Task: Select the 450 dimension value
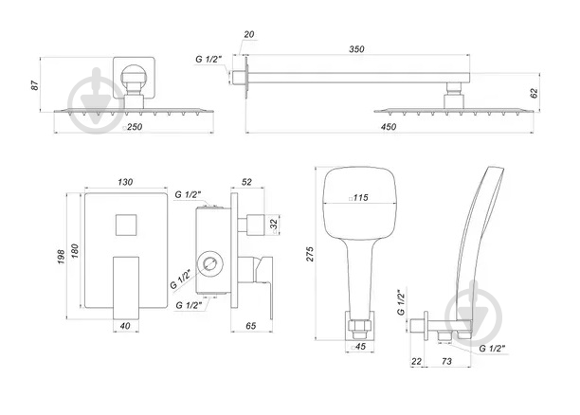coord(389,126)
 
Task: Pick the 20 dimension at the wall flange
coord(247,34)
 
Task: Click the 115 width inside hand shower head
coord(359,198)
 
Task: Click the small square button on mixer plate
coord(123,226)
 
